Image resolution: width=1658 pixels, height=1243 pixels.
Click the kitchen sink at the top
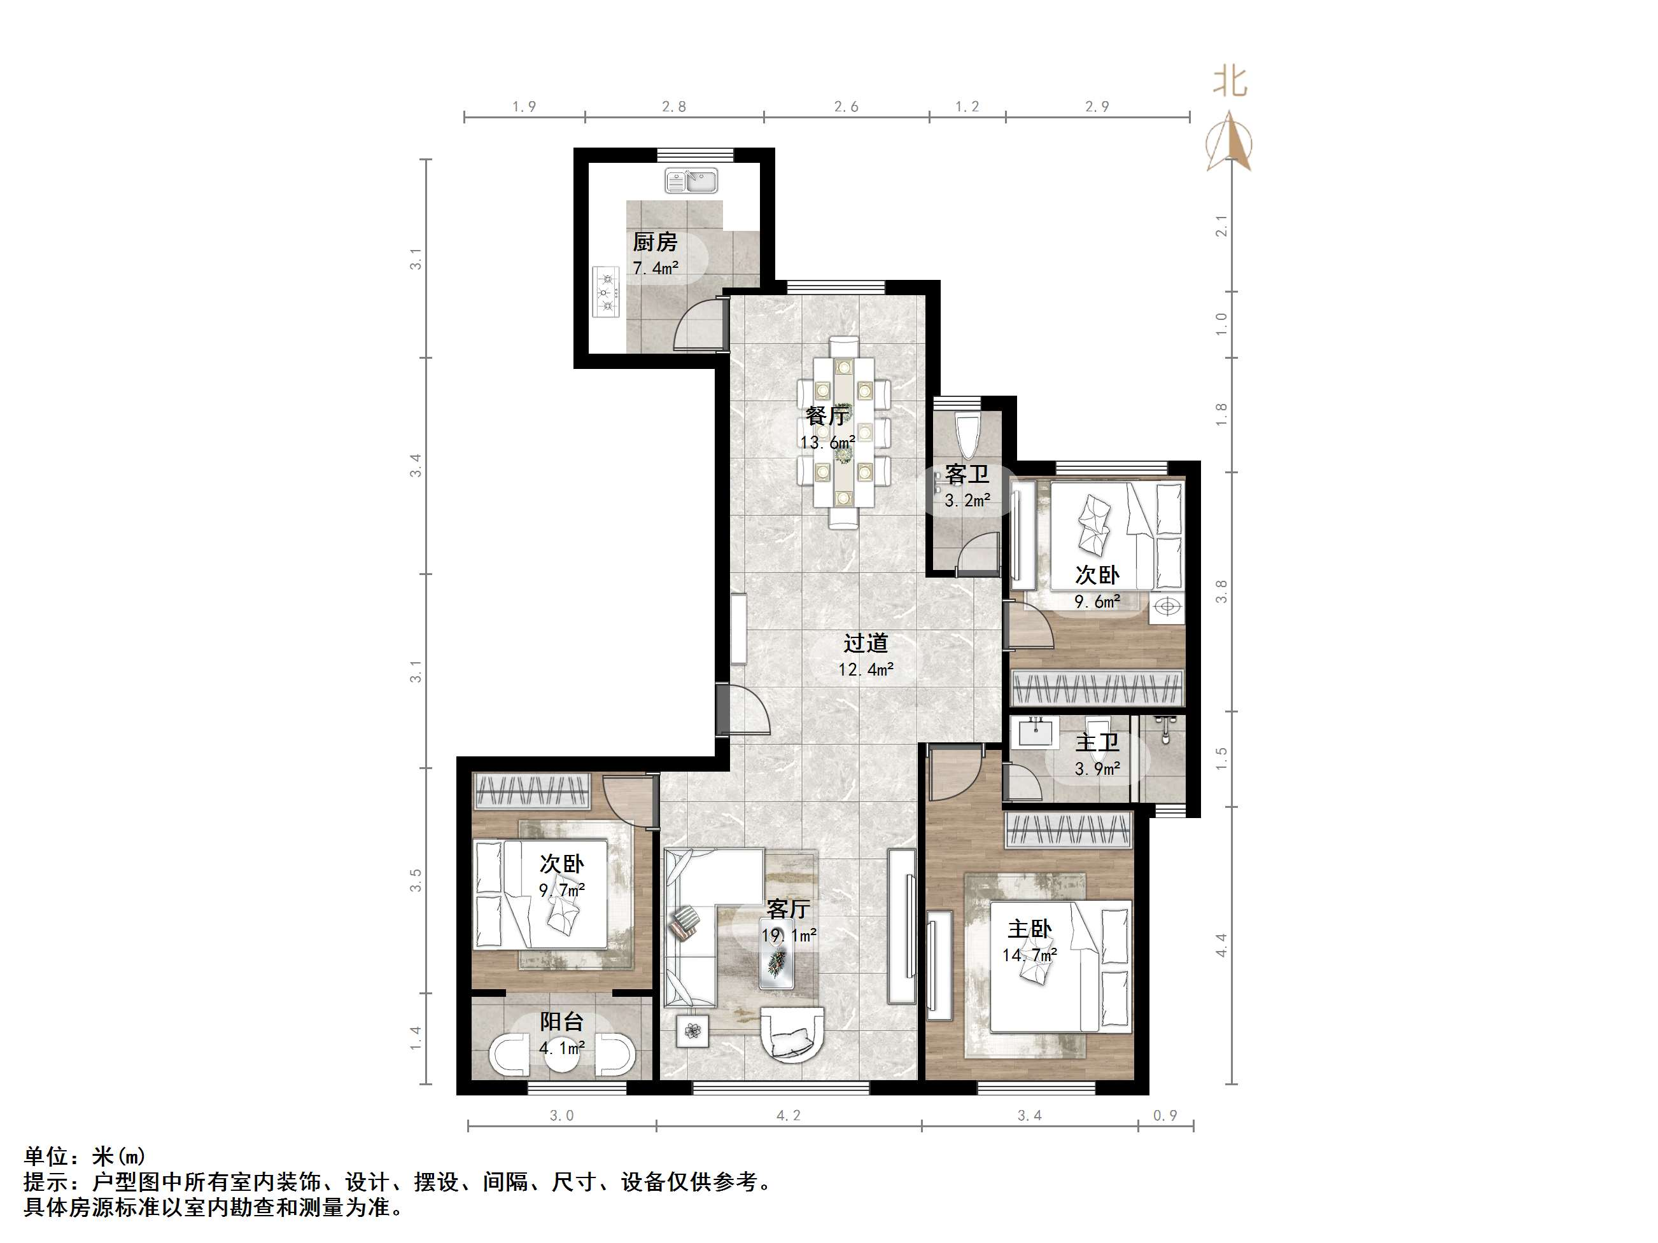pyautogui.click(x=691, y=181)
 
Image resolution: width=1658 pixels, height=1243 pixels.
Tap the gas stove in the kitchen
pyautogui.click(x=607, y=291)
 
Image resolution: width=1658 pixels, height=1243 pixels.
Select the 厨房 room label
pyautogui.click(x=655, y=242)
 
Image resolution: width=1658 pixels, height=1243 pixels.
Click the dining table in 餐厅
pyautogui.click(x=844, y=433)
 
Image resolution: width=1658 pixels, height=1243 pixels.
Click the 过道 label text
pyautogui.click(x=866, y=643)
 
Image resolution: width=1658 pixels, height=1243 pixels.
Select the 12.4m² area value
pyautogui.click(x=866, y=669)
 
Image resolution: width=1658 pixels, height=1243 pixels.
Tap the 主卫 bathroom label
pyautogui.click(x=1097, y=742)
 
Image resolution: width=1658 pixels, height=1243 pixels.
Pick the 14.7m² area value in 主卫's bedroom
pyautogui.click(x=1030, y=955)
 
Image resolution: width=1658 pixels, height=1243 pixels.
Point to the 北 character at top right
pyautogui.click(x=1230, y=81)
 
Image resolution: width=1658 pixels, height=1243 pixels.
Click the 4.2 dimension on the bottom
pyautogui.click(x=789, y=1116)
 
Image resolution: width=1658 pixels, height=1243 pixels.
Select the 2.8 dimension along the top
pyautogui.click(x=674, y=106)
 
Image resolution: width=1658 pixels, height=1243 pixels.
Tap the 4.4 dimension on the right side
pyautogui.click(x=1222, y=945)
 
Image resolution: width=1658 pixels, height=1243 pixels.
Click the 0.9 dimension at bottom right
pyautogui.click(x=1165, y=1116)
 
